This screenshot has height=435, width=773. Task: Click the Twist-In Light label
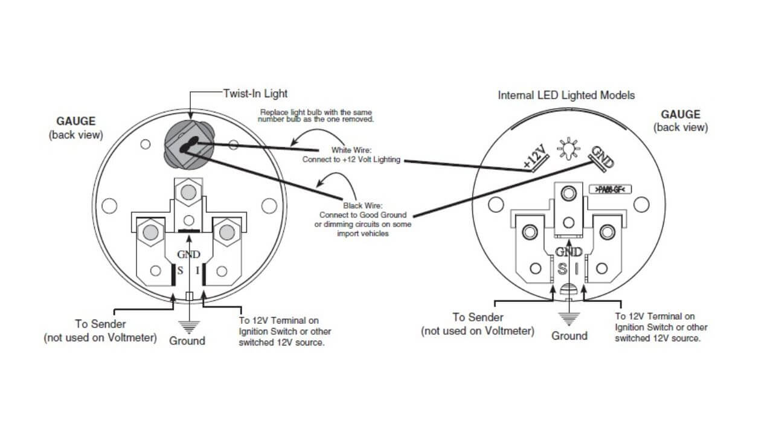coord(255,94)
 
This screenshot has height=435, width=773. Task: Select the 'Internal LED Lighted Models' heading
coord(566,95)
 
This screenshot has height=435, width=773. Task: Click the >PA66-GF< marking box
coord(610,190)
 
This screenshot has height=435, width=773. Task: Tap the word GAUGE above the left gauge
coord(75,121)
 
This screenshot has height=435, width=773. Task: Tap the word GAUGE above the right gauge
coord(681,114)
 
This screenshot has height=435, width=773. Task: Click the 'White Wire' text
coord(353,150)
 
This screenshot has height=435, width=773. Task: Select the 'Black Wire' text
coord(361,205)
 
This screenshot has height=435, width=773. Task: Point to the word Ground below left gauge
coord(187,341)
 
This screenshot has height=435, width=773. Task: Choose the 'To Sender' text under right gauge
coord(478,317)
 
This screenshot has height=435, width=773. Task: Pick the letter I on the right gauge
coord(577,268)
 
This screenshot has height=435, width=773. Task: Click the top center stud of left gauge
coord(188,192)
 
